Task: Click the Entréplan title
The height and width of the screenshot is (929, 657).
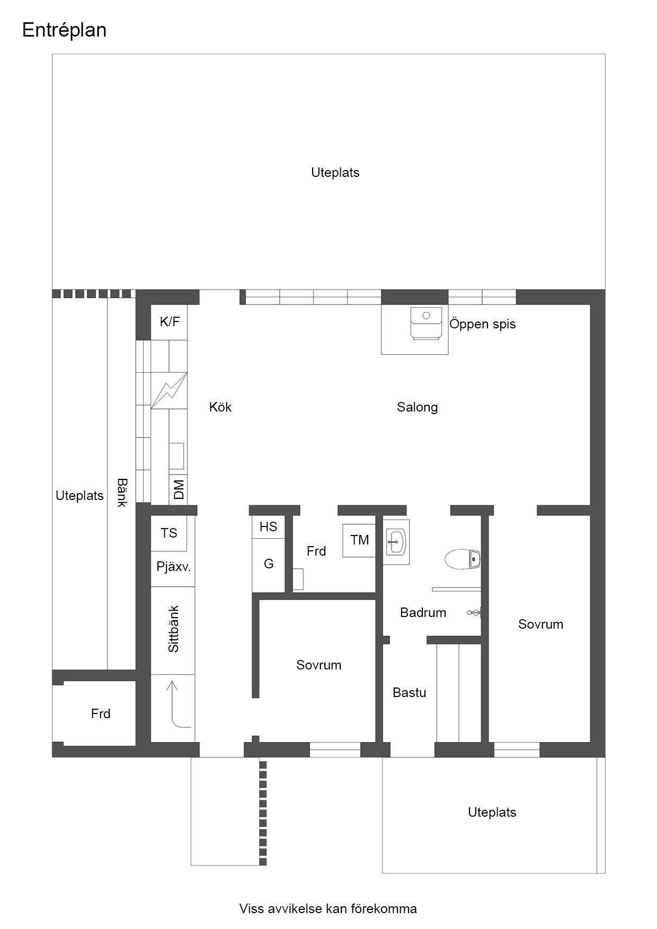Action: [64, 30]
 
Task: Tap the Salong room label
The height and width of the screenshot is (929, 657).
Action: [418, 407]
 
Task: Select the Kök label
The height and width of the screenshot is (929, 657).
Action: [220, 407]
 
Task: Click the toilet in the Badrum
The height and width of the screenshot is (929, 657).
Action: [463, 559]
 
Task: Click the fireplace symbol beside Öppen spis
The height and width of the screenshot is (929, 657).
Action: [426, 323]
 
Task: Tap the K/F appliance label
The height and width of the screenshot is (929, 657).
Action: [170, 321]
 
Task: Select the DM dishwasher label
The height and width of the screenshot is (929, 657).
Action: [179, 489]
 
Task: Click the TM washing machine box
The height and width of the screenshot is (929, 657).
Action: [359, 540]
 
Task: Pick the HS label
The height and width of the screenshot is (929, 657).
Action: [269, 527]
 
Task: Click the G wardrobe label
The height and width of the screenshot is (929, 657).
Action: [269, 564]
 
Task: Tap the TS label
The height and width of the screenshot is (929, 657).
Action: [169, 533]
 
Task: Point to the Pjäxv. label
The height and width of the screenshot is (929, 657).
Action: [173, 567]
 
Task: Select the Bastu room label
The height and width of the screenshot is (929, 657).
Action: [410, 693]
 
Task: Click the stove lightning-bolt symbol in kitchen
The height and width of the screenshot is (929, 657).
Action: [169, 390]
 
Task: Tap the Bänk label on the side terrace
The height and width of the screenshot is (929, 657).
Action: [122, 493]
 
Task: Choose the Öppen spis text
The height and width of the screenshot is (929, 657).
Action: [483, 324]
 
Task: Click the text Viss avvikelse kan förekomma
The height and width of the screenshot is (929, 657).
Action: [328, 909]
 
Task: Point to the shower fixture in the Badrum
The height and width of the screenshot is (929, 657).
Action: [475, 613]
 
